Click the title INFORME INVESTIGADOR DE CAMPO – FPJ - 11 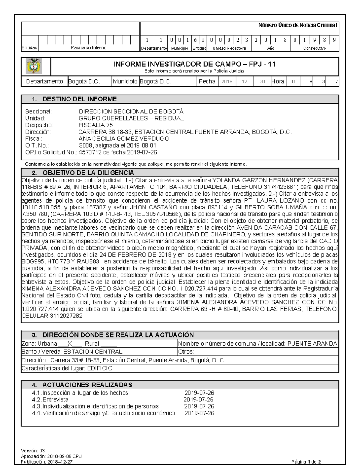(x=194, y=64)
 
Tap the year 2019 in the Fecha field (x=227, y=82)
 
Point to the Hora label (x=277, y=82)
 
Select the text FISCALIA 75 (x=96, y=125)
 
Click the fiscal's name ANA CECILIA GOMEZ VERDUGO (x=124, y=139)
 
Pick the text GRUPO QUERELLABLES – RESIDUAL (x=131, y=118)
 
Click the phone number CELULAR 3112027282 (x=52, y=316)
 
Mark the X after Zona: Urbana (x=70, y=344)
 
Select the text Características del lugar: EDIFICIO (x=67, y=368)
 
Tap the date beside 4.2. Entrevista (x=198, y=400)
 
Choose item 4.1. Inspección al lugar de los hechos (x=80, y=393)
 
